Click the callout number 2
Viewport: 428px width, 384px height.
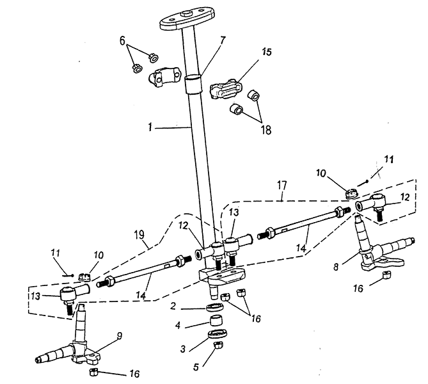pyautogui.click(x=173, y=306)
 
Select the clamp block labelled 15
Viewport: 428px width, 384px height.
pyautogui.click(x=225, y=88)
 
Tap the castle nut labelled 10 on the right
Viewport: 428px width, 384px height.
pyautogui.click(x=351, y=193)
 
